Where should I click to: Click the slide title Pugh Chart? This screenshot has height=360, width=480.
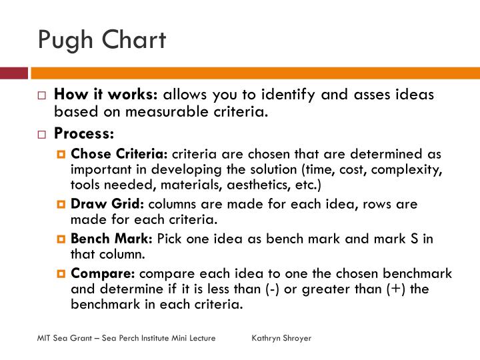101,40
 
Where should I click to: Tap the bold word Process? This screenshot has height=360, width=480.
84,133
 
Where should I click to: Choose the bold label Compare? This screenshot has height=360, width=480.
103,273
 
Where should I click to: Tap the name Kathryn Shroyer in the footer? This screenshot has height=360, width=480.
281,338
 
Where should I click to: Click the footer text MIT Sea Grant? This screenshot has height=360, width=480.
64,338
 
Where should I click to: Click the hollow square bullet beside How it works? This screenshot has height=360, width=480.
41,96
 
